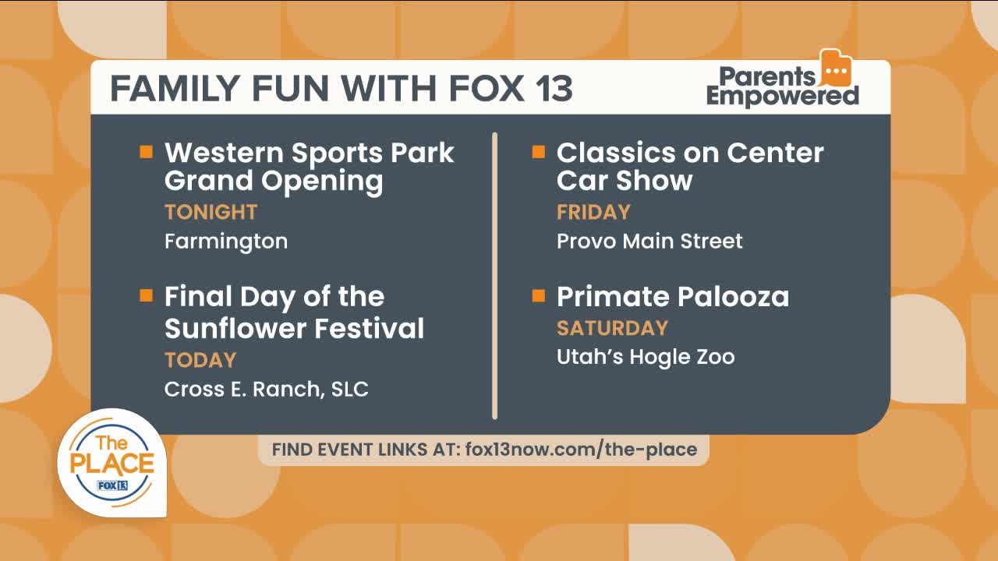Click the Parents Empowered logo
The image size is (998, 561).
pyautogui.click(x=783, y=79)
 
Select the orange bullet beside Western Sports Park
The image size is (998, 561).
pyautogui.click(x=146, y=152)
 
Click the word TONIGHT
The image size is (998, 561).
pyautogui.click(x=211, y=212)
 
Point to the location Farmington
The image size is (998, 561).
pyautogui.click(x=226, y=242)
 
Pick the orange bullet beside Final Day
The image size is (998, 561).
pyautogui.click(x=146, y=295)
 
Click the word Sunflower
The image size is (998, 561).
pyautogui.click(x=235, y=328)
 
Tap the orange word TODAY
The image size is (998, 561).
pyautogui.click(x=200, y=360)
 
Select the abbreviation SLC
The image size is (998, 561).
pyautogui.click(x=350, y=389)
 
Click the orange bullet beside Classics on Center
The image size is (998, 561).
pyautogui.click(x=539, y=152)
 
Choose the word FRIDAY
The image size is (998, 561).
pyautogui.click(x=593, y=212)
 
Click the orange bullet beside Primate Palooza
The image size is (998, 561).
pyautogui.click(x=539, y=295)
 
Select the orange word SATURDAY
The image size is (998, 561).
pyautogui.click(x=613, y=328)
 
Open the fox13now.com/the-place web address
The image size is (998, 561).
pyautogui.click(x=581, y=450)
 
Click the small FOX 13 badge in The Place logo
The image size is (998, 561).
pyautogui.click(x=112, y=485)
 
